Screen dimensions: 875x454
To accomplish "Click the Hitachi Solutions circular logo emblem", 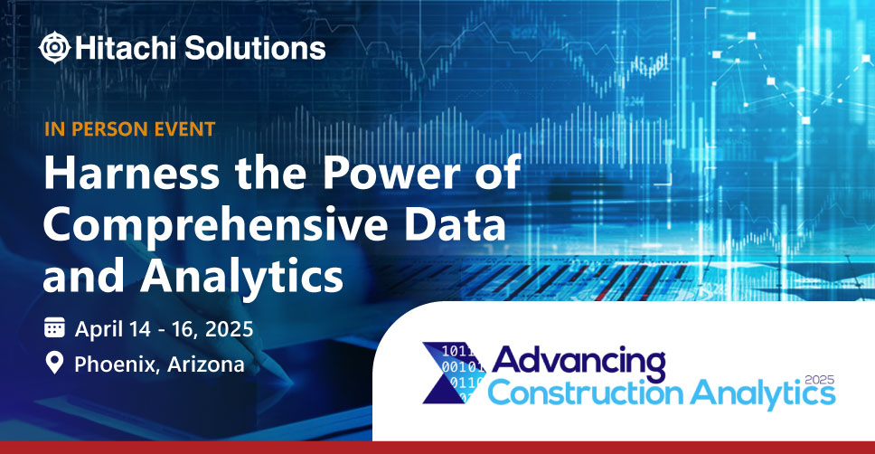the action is tap(54, 47).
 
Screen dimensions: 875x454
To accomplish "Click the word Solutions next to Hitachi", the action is tap(255, 47).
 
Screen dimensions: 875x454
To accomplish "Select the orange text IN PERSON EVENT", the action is tap(129, 129).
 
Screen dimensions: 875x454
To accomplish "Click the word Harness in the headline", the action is tap(132, 173).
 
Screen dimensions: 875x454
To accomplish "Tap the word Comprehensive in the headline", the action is tap(215, 225).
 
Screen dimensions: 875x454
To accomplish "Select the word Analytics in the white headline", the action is tap(241, 278).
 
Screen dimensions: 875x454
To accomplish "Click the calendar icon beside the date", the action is tap(54, 327).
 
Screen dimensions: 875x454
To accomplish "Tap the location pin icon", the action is tap(54, 363).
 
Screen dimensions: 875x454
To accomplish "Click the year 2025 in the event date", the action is tap(229, 329).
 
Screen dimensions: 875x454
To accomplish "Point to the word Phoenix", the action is tap(118, 364).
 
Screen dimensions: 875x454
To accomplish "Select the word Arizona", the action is tap(205, 364).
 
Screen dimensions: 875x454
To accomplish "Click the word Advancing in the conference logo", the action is tap(579, 363).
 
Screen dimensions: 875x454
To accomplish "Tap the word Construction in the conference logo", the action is tap(586, 393).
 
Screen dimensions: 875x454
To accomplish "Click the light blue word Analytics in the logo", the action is tap(763, 393).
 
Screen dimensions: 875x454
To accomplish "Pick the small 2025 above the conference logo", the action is tap(820, 380).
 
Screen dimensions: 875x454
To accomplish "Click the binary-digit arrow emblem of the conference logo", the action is tap(454, 373).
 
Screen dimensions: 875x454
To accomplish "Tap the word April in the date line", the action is tap(99, 329).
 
